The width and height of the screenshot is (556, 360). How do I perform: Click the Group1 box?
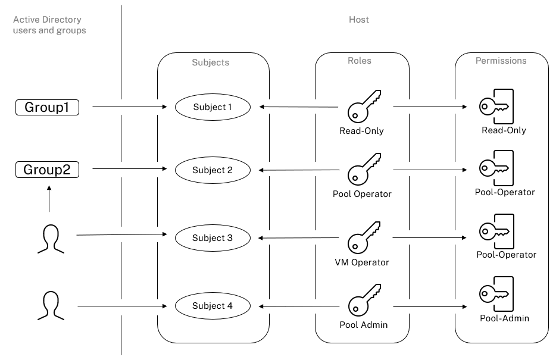point(47,107)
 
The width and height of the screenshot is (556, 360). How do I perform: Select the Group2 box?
point(47,170)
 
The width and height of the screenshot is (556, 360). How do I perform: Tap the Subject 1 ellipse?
point(212,107)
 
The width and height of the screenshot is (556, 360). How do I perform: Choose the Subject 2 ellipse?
point(212,170)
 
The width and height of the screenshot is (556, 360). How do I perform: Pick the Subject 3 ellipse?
point(212,238)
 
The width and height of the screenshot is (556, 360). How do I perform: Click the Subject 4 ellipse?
point(212,306)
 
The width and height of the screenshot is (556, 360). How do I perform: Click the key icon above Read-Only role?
point(363,105)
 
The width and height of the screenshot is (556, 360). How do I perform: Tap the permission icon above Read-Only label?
point(496,106)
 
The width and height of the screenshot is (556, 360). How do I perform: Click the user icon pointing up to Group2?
point(49,238)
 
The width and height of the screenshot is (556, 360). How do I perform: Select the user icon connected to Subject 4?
point(49,305)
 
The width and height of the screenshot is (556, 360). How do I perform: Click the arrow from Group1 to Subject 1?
point(129,108)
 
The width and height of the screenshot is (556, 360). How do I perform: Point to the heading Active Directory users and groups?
point(49,25)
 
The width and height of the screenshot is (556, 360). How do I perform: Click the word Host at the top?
point(358,20)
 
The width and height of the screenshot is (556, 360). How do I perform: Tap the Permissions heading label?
point(501,61)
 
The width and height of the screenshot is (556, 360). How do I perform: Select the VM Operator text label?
point(362,262)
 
